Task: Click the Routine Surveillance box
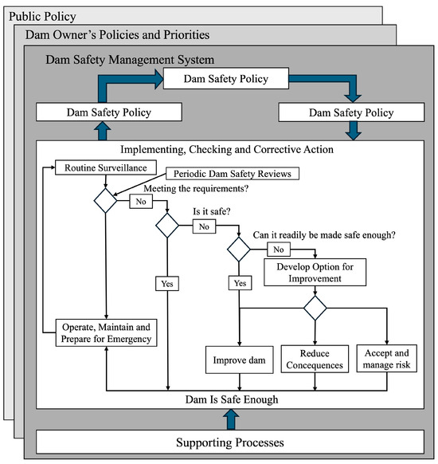point(94,168)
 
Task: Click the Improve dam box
point(240,360)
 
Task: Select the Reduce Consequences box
point(315,360)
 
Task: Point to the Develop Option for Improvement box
point(315,273)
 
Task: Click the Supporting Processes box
point(229,441)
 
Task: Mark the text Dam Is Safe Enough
point(229,399)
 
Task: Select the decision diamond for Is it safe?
point(168,226)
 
